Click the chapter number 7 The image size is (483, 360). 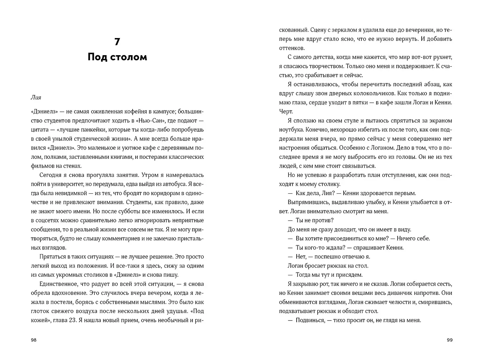(117, 42)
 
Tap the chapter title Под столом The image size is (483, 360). (117, 57)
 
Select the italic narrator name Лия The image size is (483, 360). (36, 97)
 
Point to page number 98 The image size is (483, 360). (34, 340)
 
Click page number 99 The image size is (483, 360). (450, 340)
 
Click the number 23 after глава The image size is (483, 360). (72, 320)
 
